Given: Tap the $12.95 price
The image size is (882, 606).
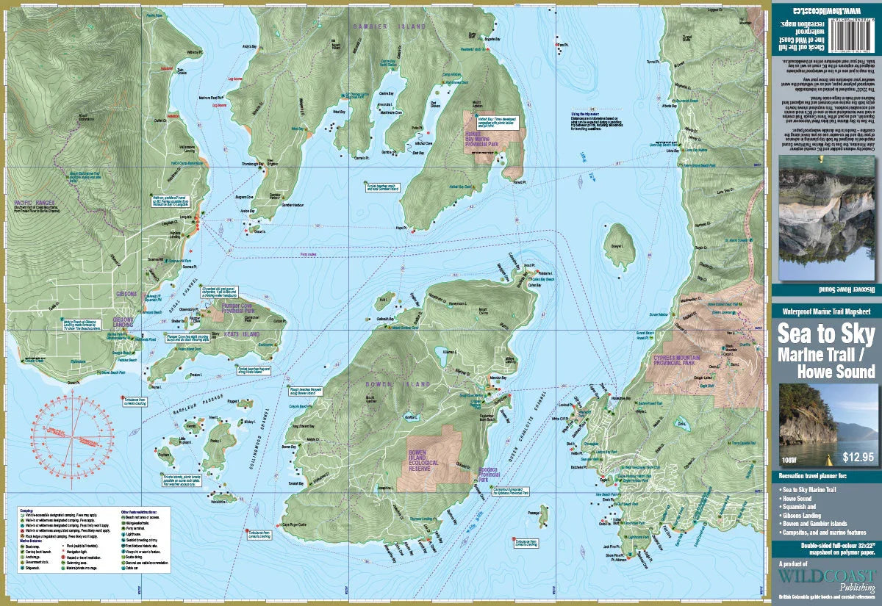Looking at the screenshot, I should pos(858,457).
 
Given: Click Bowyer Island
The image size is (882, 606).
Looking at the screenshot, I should pos(620,247).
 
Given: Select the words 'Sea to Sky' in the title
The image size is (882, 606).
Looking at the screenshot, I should pos(825,335).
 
